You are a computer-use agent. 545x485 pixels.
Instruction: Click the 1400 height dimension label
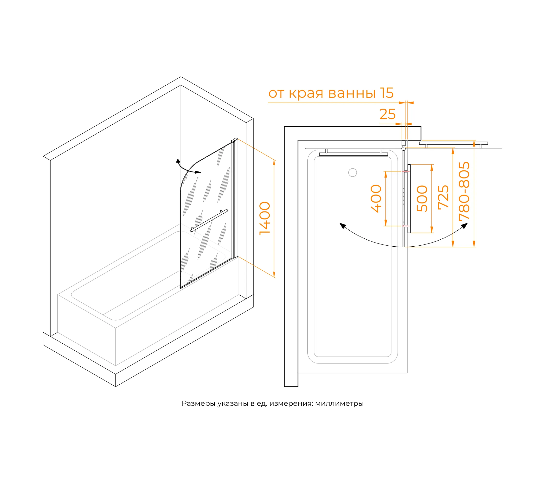(265, 218)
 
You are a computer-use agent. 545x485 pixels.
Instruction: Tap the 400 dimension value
(376, 199)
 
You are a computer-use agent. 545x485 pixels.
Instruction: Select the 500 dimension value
(422, 199)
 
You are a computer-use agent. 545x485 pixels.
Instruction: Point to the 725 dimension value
(444, 197)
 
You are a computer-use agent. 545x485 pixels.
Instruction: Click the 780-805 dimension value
(464, 191)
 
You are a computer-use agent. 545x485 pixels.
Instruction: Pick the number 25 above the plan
(387, 114)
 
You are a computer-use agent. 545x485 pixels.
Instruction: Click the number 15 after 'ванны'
(387, 93)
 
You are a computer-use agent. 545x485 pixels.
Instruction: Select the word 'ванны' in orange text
(352, 93)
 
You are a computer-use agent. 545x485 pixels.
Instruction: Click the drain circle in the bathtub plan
(352, 172)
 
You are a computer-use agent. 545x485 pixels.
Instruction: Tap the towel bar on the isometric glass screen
(209, 221)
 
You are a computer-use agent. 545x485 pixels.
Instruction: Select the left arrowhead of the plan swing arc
(343, 226)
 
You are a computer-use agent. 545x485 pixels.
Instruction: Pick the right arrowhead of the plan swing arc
(465, 226)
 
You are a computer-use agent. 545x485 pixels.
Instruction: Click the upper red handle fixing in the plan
(406, 171)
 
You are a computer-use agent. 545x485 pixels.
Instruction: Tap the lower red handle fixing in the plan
(406, 226)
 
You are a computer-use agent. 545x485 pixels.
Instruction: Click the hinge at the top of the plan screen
(403, 145)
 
